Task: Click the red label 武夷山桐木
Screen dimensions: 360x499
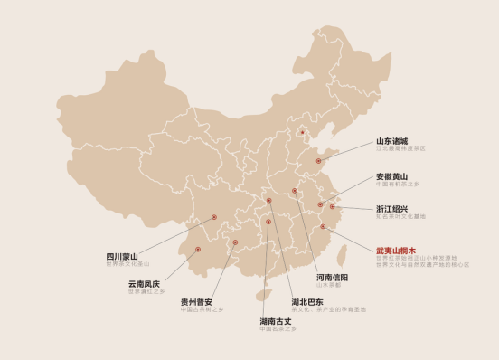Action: pos(396,250)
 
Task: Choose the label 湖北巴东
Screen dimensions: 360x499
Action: pos(308,301)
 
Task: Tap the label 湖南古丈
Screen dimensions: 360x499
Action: pos(276,320)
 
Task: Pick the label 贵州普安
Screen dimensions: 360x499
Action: pos(196,301)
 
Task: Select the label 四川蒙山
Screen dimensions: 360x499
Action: pos(122,257)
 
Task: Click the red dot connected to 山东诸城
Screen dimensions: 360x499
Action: pos(318,161)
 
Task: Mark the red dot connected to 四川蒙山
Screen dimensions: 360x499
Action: pos(213,217)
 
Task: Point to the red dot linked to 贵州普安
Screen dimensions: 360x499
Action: pos(235,242)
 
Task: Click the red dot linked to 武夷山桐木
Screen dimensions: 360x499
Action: pos(323,226)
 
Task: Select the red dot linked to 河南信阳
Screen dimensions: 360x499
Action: pos(295,191)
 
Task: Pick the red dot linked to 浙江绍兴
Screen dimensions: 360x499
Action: pos(333,207)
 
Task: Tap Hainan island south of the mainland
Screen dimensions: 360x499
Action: pos(264,295)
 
